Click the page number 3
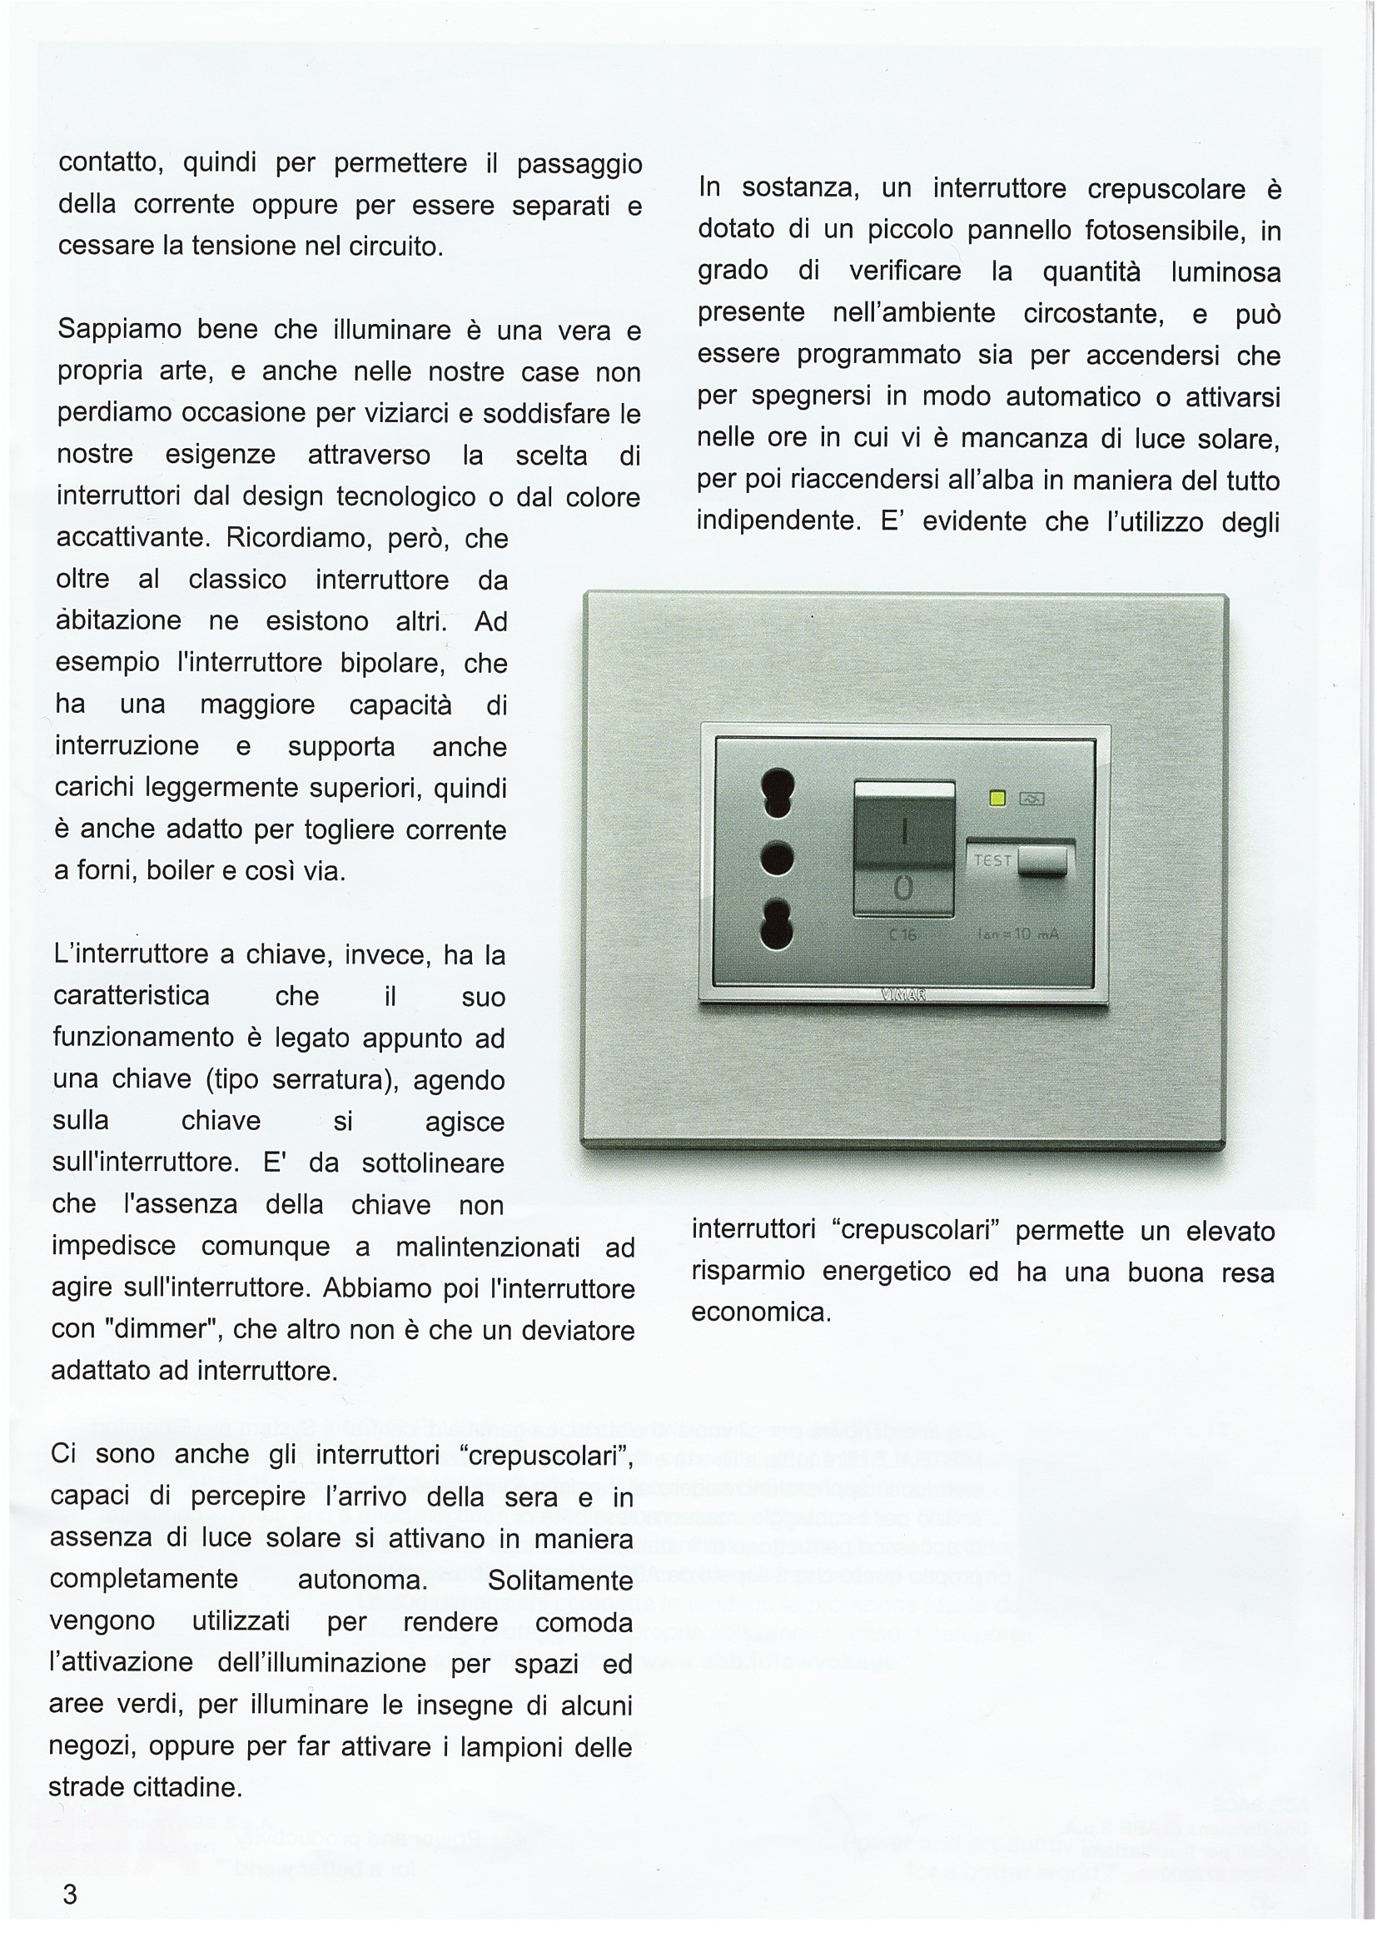pyautogui.click(x=70, y=1894)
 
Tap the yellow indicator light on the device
pyautogui.click(x=998, y=798)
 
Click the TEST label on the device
pyautogui.click(x=993, y=860)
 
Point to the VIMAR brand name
pyautogui.click(x=904, y=995)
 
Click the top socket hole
pyautogui.click(x=778, y=789)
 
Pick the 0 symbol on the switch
pyautogui.click(x=904, y=888)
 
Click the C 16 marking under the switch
pyautogui.click(x=903, y=935)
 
